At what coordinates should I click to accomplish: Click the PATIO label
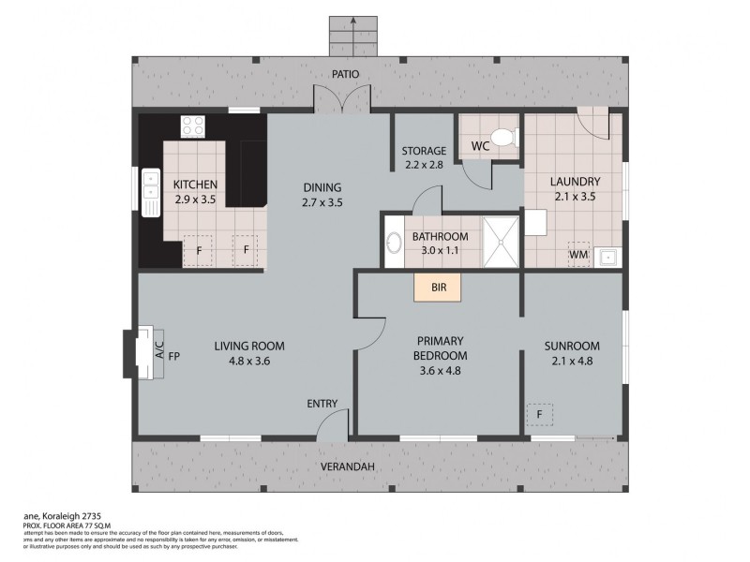pyautogui.click(x=344, y=75)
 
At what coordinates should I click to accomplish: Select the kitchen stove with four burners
pyautogui.click(x=194, y=125)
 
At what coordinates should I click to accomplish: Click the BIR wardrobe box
pyautogui.click(x=439, y=288)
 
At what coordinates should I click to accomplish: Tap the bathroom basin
pyautogui.click(x=394, y=243)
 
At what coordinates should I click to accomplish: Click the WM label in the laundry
pyautogui.click(x=578, y=254)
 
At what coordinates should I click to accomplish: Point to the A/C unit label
pyautogui.click(x=158, y=353)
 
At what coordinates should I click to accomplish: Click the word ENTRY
pyautogui.click(x=322, y=404)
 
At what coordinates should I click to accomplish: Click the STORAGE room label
pyautogui.click(x=424, y=151)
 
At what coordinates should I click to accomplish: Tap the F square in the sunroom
pyautogui.click(x=540, y=412)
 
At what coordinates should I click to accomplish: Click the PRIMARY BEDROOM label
pyautogui.click(x=439, y=348)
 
